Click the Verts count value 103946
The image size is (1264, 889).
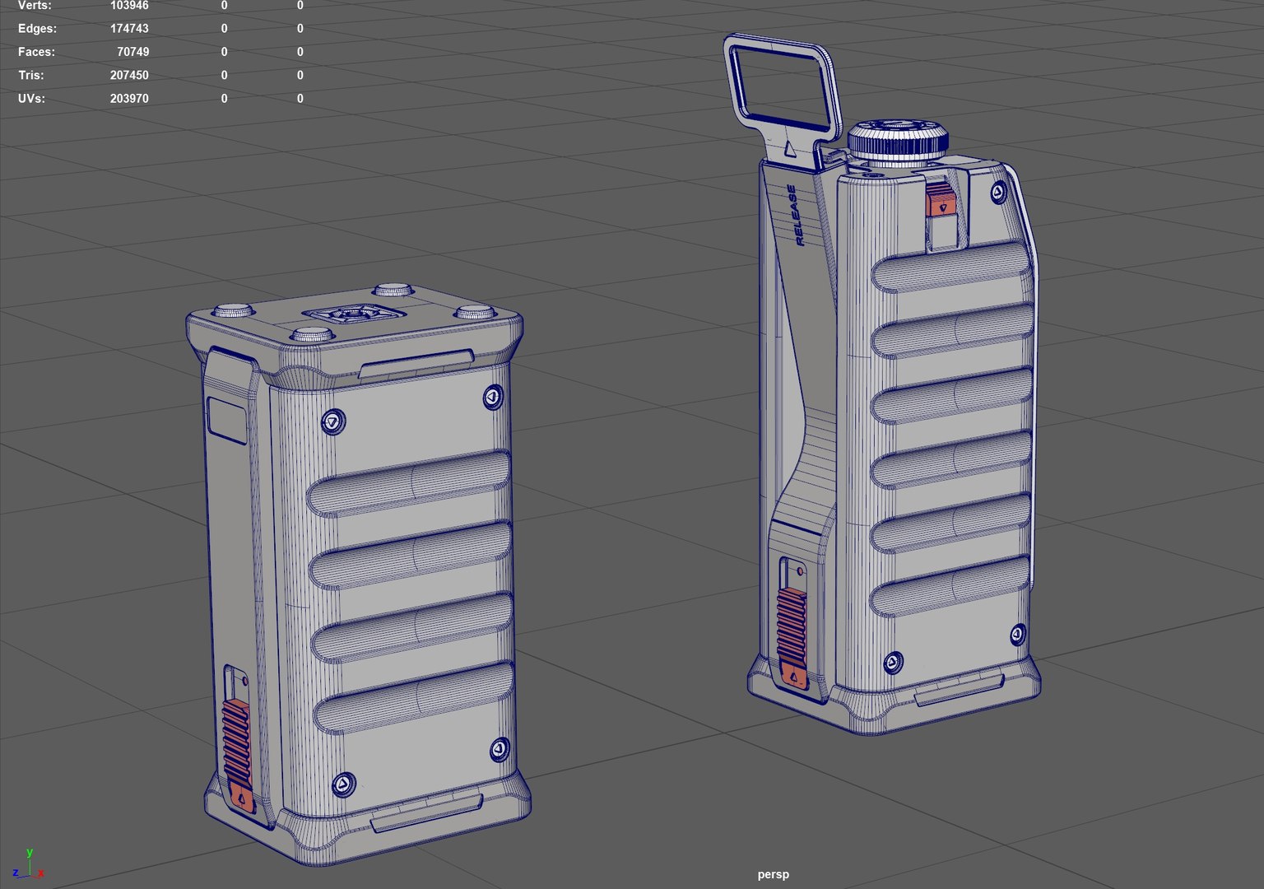[x=129, y=6]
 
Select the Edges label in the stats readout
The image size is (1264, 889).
[x=37, y=29]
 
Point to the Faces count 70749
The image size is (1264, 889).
[x=132, y=52]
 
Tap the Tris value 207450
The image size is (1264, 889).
[x=129, y=75]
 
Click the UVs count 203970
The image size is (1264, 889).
[x=129, y=98]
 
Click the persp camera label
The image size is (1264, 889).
[x=773, y=874]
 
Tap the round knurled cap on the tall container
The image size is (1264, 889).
[x=899, y=140]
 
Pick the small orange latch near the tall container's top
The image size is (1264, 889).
[x=939, y=200]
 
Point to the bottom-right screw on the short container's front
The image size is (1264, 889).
[x=499, y=749]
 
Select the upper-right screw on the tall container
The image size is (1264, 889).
[x=997, y=193]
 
